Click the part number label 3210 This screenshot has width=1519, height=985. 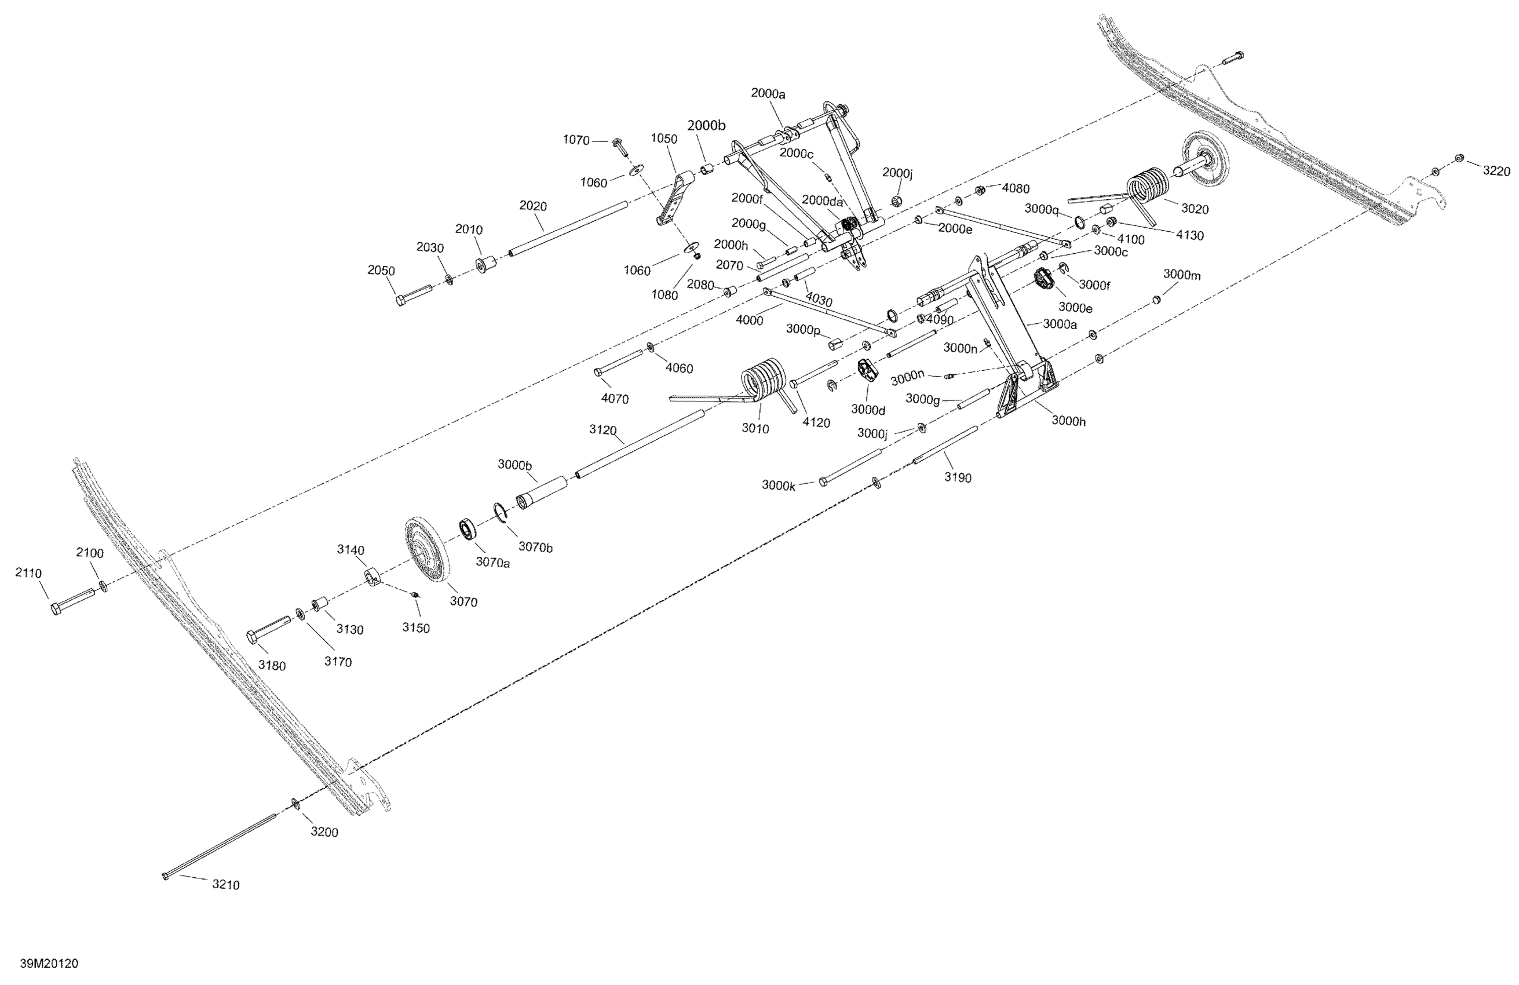(226, 885)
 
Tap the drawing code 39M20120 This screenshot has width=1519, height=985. (49, 964)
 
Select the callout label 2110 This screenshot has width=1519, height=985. (29, 573)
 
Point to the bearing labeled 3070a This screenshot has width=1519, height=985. (471, 529)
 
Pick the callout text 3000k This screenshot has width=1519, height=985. (779, 485)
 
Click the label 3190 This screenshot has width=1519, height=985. (958, 477)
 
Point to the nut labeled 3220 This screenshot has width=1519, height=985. (1459, 158)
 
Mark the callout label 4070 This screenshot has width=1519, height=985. (615, 399)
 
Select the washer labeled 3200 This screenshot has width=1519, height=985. (295, 803)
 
